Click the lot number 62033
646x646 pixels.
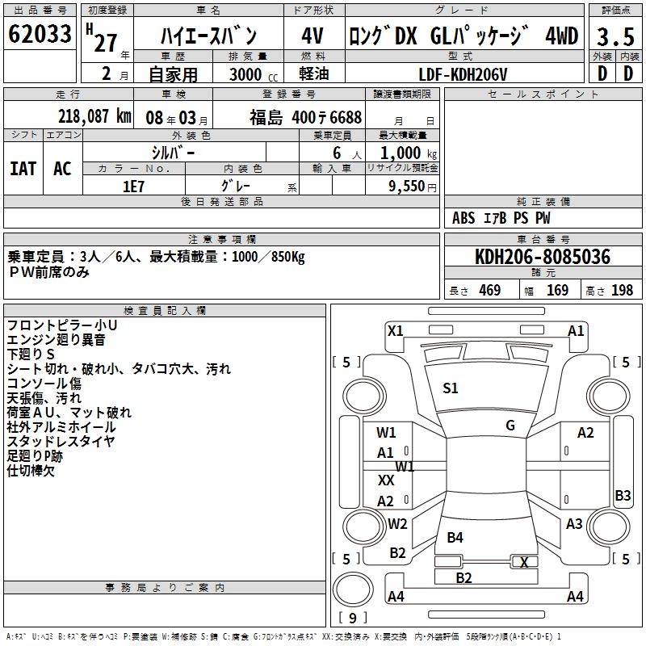click(40, 35)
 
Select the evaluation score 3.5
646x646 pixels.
click(615, 36)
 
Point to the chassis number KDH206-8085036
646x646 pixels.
click(543, 257)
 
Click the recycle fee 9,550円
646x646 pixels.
click(413, 186)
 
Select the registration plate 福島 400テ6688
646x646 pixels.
click(305, 117)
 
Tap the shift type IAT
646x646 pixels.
click(23, 168)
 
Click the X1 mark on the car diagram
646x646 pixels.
click(395, 330)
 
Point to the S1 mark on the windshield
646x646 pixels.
click(451, 388)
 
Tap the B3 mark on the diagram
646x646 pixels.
click(623, 496)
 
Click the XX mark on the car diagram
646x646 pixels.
click(386, 480)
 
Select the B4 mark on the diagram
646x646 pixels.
click(455, 537)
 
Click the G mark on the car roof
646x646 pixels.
click(510, 426)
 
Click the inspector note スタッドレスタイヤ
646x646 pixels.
click(61, 441)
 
